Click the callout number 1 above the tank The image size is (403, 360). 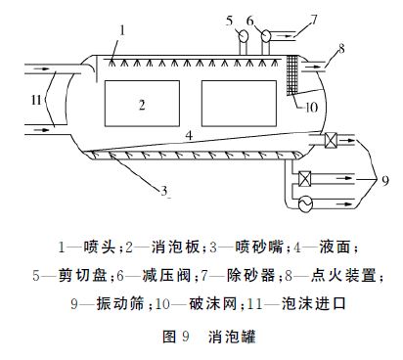click(122, 30)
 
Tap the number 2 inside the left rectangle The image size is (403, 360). click(142, 105)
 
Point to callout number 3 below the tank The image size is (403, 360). click(164, 191)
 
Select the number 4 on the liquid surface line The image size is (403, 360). click(189, 135)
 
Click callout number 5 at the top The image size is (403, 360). click(230, 21)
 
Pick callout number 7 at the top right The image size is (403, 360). click(313, 20)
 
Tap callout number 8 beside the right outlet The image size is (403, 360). click(341, 49)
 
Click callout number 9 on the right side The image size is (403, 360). click(385, 180)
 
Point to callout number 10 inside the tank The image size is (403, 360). click(311, 108)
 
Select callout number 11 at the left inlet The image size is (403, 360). click(36, 100)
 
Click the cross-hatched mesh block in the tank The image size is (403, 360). click(292, 75)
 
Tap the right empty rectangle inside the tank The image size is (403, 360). click(239, 104)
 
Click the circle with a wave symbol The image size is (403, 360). click(305, 204)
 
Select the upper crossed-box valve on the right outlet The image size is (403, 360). click(331, 141)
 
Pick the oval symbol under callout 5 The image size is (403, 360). click(243, 35)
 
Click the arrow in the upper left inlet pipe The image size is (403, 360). click(41, 68)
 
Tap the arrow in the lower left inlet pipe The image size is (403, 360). click(41, 130)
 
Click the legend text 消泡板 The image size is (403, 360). click(175, 247)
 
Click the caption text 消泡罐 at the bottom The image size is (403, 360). click(232, 337)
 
